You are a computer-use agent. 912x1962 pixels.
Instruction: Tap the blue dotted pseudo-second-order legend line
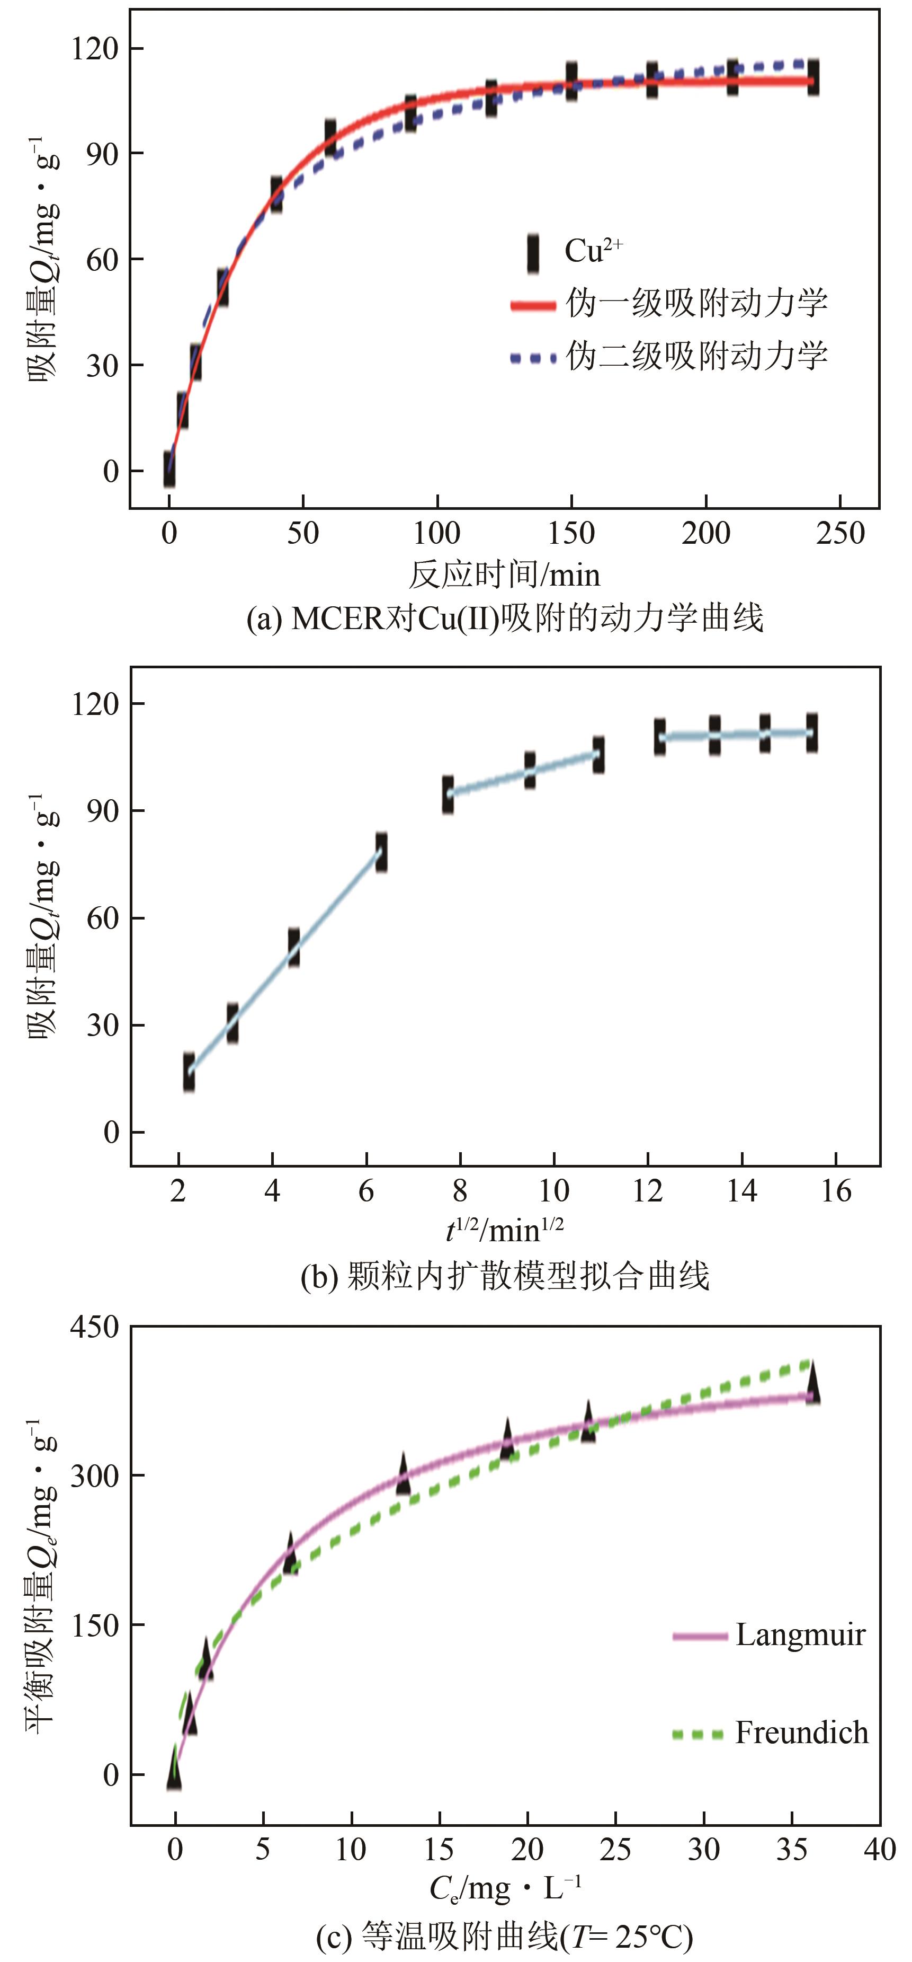tap(533, 357)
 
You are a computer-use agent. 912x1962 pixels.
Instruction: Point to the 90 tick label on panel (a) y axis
tap(103, 154)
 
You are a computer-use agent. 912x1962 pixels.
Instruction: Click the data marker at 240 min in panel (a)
tap(813, 77)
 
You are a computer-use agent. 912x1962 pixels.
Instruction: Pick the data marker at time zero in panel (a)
tap(169, 469)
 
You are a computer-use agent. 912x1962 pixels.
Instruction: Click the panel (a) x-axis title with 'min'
tap(504, 575)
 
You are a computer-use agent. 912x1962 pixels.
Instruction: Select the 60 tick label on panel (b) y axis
tap(103, 918)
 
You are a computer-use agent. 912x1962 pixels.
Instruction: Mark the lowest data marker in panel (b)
tap(189, 1072)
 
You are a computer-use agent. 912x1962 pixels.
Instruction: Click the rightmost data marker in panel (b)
tap(812, 733)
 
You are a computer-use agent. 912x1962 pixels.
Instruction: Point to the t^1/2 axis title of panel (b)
tap(504, 1229)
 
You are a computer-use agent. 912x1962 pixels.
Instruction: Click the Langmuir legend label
tap(800, 1635)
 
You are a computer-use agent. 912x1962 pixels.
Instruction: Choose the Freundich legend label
tap(801, 1733)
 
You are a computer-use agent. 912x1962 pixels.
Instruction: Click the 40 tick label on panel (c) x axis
tap(879, 1849)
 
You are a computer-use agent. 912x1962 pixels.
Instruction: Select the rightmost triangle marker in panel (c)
tap(812, 1382)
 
